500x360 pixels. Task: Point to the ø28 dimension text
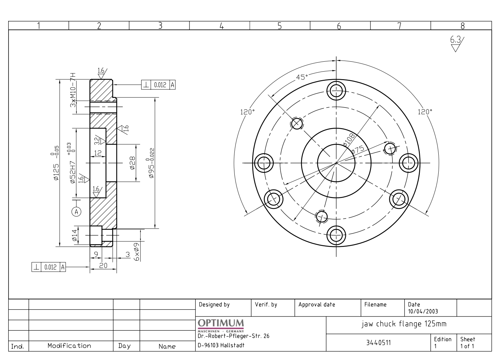point(132,163)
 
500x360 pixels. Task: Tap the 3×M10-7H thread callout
point(73,90)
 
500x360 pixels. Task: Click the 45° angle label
point(302,77)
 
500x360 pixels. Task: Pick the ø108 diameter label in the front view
point(349,140)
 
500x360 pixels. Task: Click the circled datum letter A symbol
point(76,212)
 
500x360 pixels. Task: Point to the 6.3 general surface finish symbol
point(457,44)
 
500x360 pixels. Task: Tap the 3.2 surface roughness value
point(97,141)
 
